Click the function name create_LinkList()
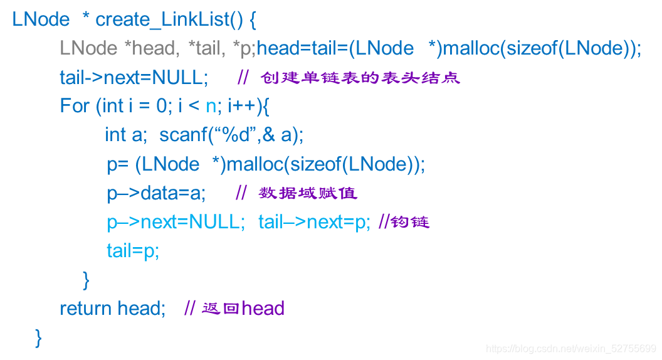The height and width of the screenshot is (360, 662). tap(169, 19)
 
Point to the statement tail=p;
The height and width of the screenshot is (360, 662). tap(133, 251)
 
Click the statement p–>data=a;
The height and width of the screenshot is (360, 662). tap(156, 193)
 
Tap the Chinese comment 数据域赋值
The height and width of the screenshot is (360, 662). tap(308, 193)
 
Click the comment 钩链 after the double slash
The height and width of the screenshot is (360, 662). tap(411, 222)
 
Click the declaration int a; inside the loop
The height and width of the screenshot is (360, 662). tap(125, 135)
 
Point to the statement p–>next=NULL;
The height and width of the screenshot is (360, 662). tap(176, 222)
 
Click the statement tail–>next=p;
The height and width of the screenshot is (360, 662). tap(315, 222)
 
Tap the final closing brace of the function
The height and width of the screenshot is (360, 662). tap(39, 337)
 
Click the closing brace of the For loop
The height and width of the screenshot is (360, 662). tap(87, 280)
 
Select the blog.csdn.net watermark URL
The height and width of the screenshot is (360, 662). tap(571, 349)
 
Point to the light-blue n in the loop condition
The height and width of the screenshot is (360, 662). tap(211, 106)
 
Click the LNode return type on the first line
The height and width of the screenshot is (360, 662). tap(41, 19)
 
